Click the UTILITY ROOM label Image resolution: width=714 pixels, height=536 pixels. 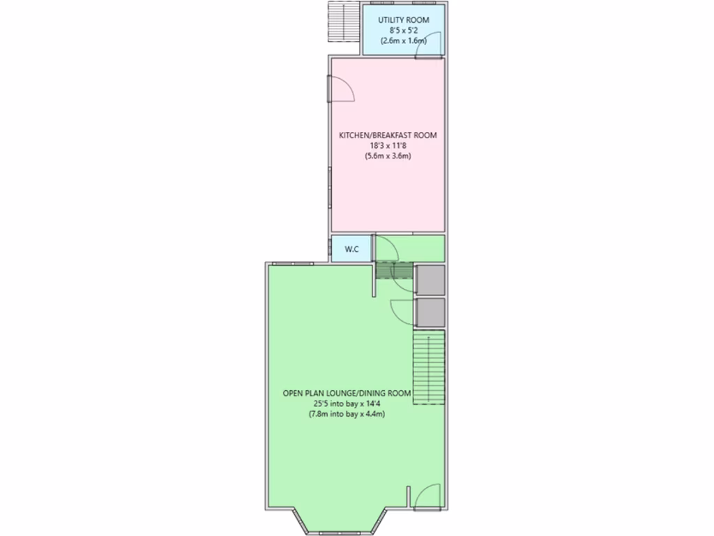[x=404, y=20]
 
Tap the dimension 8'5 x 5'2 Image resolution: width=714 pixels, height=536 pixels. [x=404, y=31]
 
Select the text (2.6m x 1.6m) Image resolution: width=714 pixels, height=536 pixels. [x=404, y=41]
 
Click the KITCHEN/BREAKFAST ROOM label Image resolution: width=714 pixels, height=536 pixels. [x=388, y=135]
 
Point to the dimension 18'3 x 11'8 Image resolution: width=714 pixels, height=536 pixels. [x=388, y=145]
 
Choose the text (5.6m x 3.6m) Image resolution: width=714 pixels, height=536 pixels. [x=388, y=156]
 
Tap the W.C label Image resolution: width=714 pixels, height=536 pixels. [x=351, y=249]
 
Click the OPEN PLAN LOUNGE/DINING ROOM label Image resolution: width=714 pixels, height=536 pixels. [x=347, y=394]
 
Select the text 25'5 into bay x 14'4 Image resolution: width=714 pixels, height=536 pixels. [x=347, y=404]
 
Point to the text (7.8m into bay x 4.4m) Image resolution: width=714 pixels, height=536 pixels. [x=347, y=415]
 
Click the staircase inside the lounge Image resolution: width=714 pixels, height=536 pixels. [x=429, y=368]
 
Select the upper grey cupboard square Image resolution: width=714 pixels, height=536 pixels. [x=430, y=280]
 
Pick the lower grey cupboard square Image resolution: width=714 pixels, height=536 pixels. [x=430, y=313]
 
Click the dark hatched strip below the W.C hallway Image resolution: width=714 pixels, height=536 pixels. [x=394, y=271]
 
